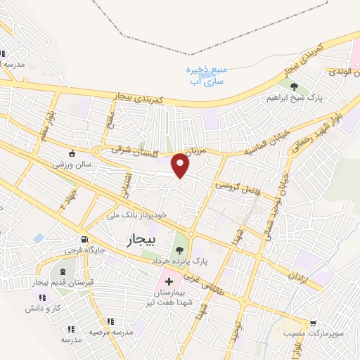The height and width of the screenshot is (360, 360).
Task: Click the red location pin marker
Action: point(181,165)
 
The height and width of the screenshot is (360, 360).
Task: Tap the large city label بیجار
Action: point(144,240)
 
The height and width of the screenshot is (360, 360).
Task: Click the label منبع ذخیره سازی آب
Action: point(207,76)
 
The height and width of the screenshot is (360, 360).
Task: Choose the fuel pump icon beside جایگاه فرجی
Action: point(84,238)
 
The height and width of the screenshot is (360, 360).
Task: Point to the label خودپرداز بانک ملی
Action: point(138,214)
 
